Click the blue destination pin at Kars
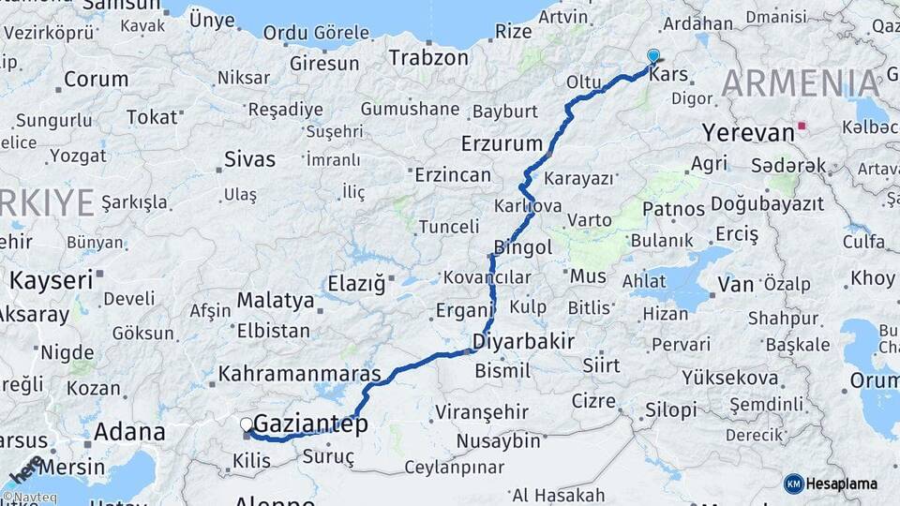(x=652, y=56)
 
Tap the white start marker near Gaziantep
(x=247, y=425)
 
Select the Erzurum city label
(x=502, y=144)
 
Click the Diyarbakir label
(x=523, y=341)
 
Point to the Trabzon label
(x=428, y=57)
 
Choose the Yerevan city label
(x=748, y=133)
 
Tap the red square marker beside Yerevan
(x=801, y=125)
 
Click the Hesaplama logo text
(x=845, y=484)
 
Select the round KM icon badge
(x=793, y=484)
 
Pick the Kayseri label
(x=51, y=279)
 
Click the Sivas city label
(x=249, y=160)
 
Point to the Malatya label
(x=275, y=301)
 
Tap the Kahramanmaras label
(x=300, y=374)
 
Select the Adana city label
(x=129, y=433)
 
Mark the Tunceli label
(x=448, y=227)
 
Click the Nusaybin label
(x=499, y=440)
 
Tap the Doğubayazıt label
(x=767, y=204)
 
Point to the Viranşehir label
(x=482, y=412)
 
